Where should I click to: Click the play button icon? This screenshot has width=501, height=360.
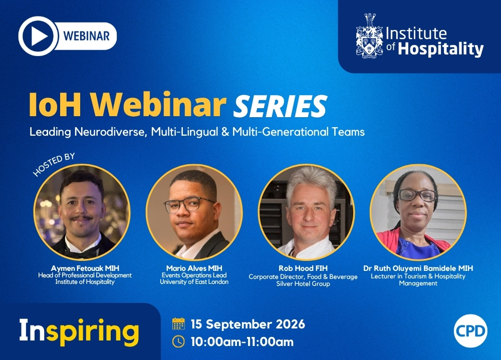tap(39, 36)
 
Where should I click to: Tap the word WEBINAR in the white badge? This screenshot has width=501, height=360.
tap(86, 36)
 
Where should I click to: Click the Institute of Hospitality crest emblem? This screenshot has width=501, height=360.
tap(369, 36)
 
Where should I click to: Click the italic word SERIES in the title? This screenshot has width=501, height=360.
tap(280, 106)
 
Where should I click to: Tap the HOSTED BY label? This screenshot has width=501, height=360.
tap(54, 164)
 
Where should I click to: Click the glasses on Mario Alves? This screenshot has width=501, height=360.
tap(188, 204)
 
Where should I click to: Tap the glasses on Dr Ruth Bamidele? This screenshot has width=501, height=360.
tap(417, 195)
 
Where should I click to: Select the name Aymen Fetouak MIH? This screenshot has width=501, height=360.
tap(85, 268)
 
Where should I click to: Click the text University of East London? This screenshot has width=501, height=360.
tap(194, 282)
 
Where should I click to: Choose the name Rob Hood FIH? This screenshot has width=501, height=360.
tap(303, 268)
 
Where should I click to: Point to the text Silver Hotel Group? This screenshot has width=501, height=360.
tap(303, 284)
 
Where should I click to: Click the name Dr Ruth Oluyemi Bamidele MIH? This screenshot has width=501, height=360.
tap(418, 268)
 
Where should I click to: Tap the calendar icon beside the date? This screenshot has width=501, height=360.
tap(179, 323)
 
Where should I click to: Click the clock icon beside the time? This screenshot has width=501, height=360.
tap(179, 341)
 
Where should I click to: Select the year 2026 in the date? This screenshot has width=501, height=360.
tap(290, 324)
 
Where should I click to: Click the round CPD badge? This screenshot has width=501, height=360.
tap(470, 331)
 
